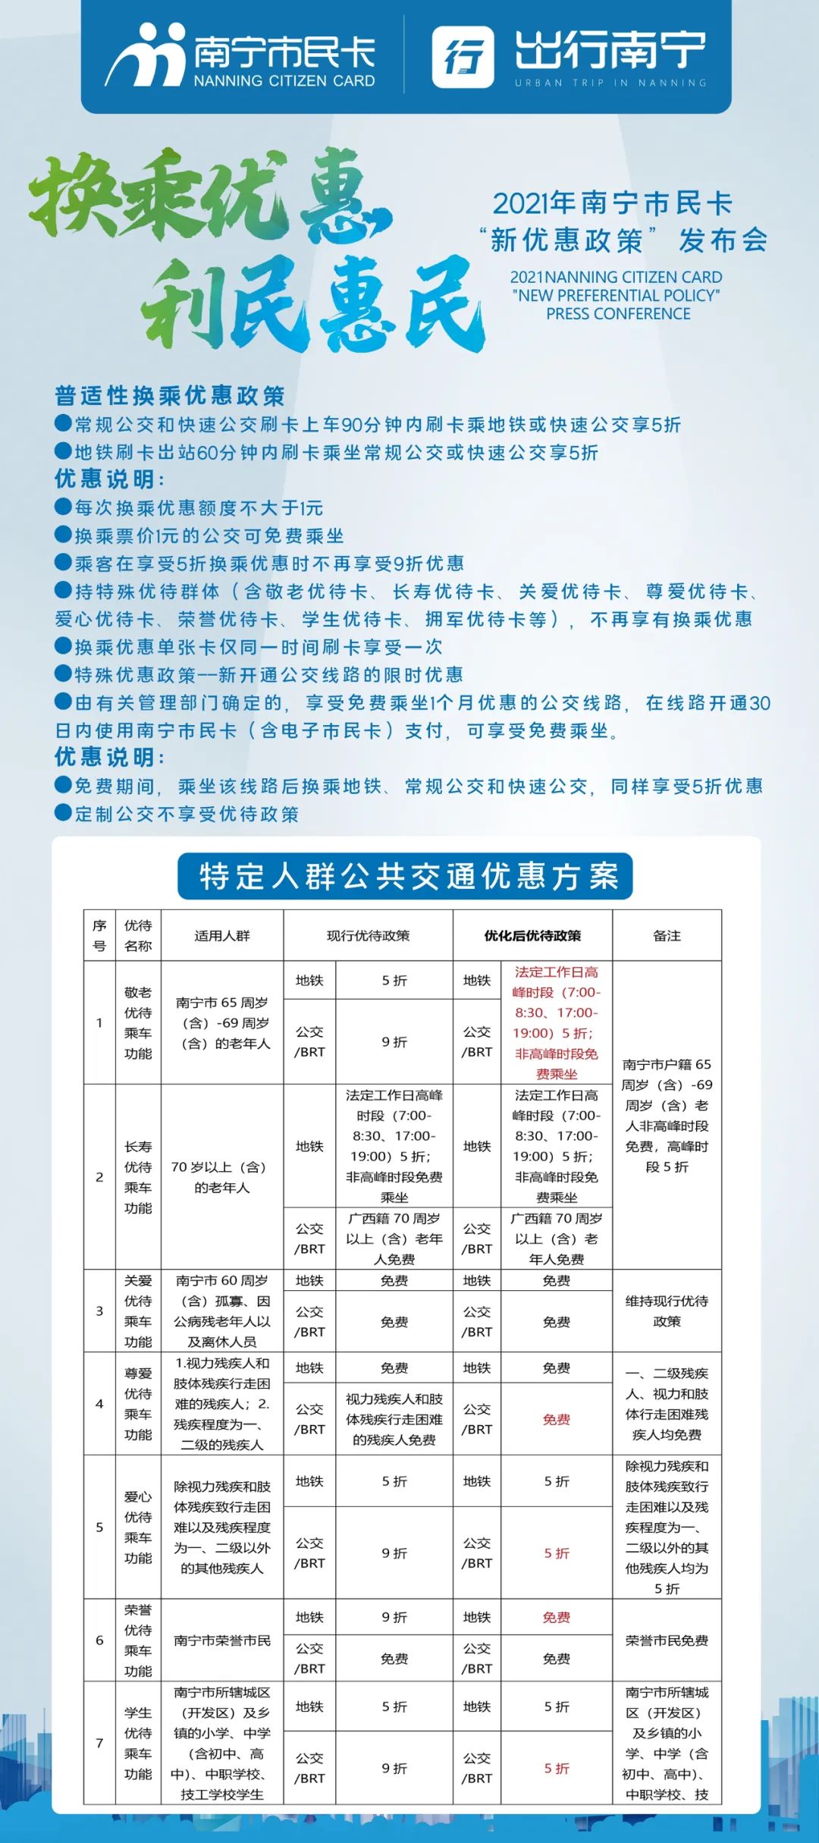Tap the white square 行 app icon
463,57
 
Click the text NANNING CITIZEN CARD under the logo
284,81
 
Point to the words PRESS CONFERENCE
618,314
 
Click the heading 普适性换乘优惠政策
170,395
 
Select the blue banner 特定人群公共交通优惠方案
405,876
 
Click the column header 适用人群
221,935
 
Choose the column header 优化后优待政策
532,935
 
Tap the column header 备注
667,935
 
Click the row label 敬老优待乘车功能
138,1022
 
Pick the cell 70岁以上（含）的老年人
221,1177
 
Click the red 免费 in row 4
556,1419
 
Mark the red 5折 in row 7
556,1768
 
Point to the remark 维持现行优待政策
667,1311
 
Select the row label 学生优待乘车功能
138,1743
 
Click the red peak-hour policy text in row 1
556,1022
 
